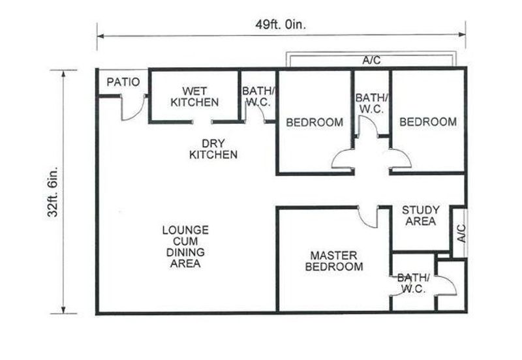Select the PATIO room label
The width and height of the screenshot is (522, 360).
(x=123, y=82)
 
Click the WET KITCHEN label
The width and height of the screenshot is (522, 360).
(x=194, y=97)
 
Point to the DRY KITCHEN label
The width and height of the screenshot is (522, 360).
(x=213, y=149)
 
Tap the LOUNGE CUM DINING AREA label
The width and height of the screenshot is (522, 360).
(x=185, y=247)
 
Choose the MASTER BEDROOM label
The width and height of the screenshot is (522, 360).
(x=335, y=262)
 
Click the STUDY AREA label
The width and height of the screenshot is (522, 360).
(x=420, y=216)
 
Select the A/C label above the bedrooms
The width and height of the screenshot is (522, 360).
(x=371, y=61)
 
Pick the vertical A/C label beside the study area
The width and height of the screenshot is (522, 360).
(x=460, y=233)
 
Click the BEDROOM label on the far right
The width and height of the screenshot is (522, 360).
(x=428, y=122)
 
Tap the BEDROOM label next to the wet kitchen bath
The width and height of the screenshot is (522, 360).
(x=315, y=122)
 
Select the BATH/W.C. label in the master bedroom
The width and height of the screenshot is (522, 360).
(x=412, y=282)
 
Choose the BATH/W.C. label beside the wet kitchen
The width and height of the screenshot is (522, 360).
(x=258, y=97)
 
